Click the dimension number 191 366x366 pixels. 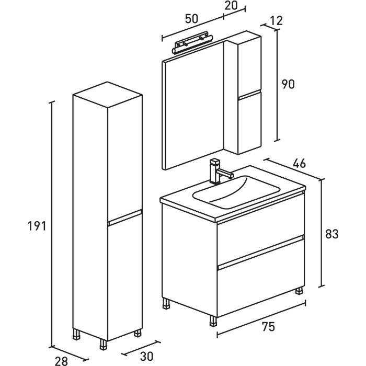pos(37,226)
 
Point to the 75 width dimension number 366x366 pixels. pos(268,327)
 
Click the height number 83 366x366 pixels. pos(332,234)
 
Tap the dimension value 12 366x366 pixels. pos(276,21)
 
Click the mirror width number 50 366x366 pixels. pos(191,18)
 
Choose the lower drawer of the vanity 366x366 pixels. pos(260,285)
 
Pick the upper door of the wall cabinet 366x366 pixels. pos(249,65)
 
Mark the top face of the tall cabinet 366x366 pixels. pos(107,96)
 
